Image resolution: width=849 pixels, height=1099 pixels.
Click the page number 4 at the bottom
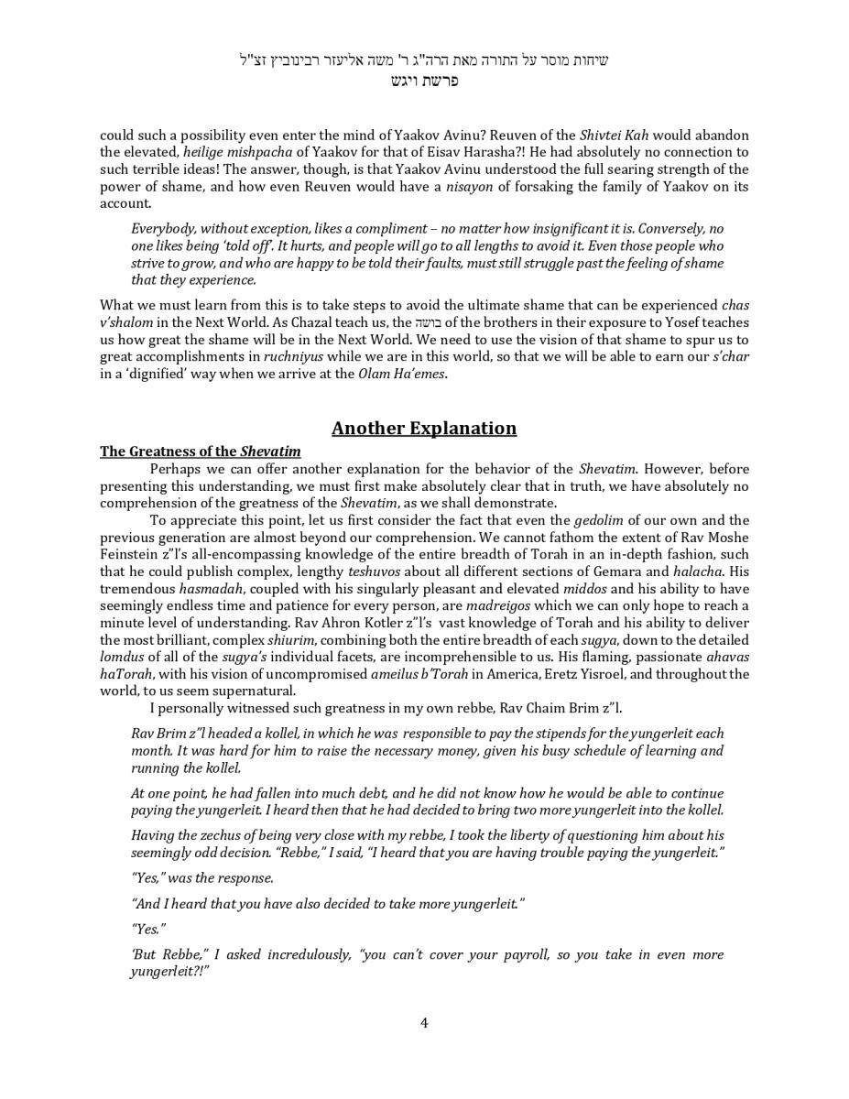click(424, 1023)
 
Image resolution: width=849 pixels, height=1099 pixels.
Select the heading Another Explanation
click(424, 429)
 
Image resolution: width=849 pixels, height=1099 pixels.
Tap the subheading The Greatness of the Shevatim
click(200, 452)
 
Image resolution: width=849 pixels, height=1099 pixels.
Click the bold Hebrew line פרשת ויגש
click(424, 81)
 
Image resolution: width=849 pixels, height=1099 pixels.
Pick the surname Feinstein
click(131, 555)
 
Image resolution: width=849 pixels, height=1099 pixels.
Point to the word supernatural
click(256, 691)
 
